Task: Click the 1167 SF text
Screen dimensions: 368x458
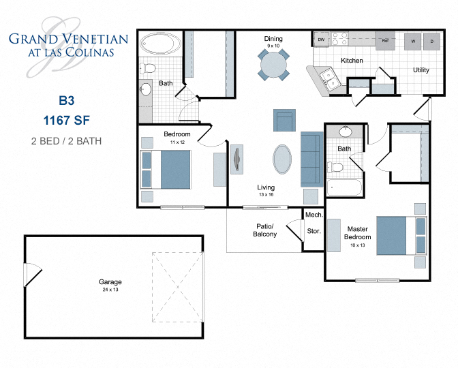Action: (65, 121)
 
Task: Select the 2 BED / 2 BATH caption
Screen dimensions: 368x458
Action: (65, 141)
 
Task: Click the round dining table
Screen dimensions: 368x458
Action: (273, 65)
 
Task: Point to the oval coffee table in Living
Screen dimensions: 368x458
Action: (284, 160)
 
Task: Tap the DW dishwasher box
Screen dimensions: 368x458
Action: (321, 41)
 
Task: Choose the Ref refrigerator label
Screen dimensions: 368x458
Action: (385, 41)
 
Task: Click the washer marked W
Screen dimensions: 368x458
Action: (413, 41)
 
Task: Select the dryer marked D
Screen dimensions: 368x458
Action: (431, 41)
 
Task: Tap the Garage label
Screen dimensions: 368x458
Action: (109, 281)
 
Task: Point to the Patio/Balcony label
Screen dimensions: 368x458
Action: (264, 230)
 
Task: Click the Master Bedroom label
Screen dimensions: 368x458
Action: (358, 233)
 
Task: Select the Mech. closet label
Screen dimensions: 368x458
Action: (314, 215)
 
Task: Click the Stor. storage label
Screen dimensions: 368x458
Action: (314, 231)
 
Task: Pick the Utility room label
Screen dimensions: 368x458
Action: (421, 70)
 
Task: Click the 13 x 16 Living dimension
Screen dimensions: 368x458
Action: (265, 195)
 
